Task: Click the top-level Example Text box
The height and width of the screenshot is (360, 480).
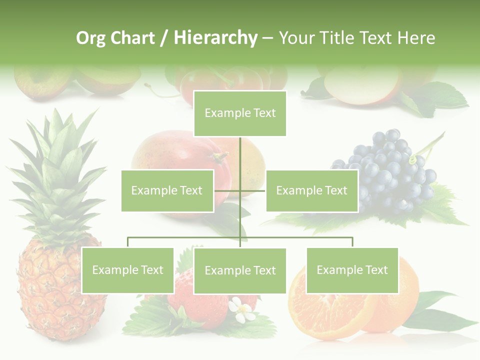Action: coord(240,113)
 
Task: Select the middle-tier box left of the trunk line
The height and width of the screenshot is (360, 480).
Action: coord(167,190)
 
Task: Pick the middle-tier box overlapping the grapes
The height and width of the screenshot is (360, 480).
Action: coord(311,190)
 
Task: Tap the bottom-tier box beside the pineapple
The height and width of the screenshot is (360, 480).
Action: coord(127,270)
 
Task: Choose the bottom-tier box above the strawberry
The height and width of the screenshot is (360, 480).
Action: coord(240,270)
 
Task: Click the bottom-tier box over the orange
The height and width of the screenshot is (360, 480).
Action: coord(352,270)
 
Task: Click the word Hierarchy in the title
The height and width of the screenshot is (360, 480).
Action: coord(215,38)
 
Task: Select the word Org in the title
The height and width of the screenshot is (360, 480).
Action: coord(90,38)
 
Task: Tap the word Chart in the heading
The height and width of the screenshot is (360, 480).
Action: coord(132,38)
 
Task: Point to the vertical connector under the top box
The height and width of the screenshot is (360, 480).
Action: coord(240,155)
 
